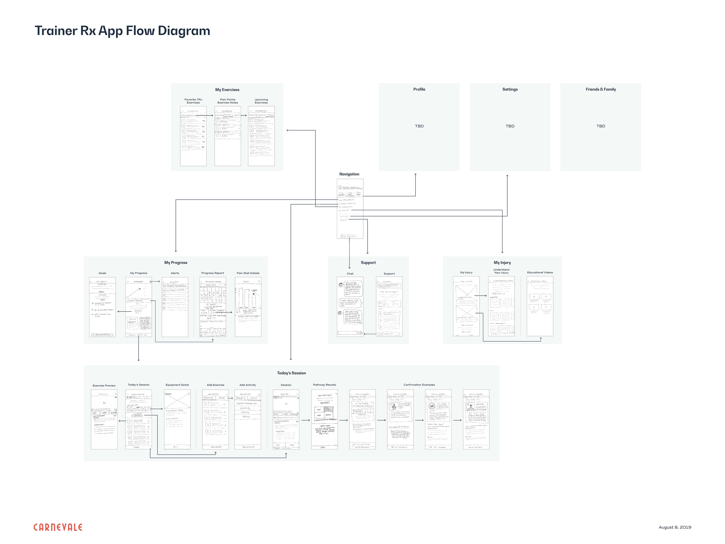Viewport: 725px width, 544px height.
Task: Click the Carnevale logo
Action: [x=58, y=527]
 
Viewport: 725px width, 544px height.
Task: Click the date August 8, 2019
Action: [x=675, y=527]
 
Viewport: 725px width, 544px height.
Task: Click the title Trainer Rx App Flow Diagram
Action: [x=122, y=30]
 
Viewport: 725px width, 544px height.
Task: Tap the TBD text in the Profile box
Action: [x=419, y=126]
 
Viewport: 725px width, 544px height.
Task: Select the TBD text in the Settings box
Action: [x=510, y=126]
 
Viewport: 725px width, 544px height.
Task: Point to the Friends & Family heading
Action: [x=601, y=89]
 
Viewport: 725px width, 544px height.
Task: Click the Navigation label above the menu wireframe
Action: [x=349, y=174]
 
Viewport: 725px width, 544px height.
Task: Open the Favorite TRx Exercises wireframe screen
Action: [x=193, y=136]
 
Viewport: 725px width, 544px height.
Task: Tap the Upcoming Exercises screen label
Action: [x=261, y=101]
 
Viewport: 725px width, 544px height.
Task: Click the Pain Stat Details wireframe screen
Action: [x=248, y=307]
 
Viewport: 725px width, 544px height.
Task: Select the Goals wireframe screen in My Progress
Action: [x=102, y=307]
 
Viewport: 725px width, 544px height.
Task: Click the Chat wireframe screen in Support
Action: [x=350, y=307]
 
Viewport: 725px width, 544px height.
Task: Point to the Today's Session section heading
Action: [x=291, y=373]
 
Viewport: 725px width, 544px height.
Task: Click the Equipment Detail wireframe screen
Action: [x=177, y=420]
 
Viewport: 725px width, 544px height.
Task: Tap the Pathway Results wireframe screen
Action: [x=325, y=420]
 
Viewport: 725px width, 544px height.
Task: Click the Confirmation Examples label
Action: [x=419, y=385]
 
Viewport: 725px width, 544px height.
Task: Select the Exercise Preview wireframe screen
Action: [x=104, y=420]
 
